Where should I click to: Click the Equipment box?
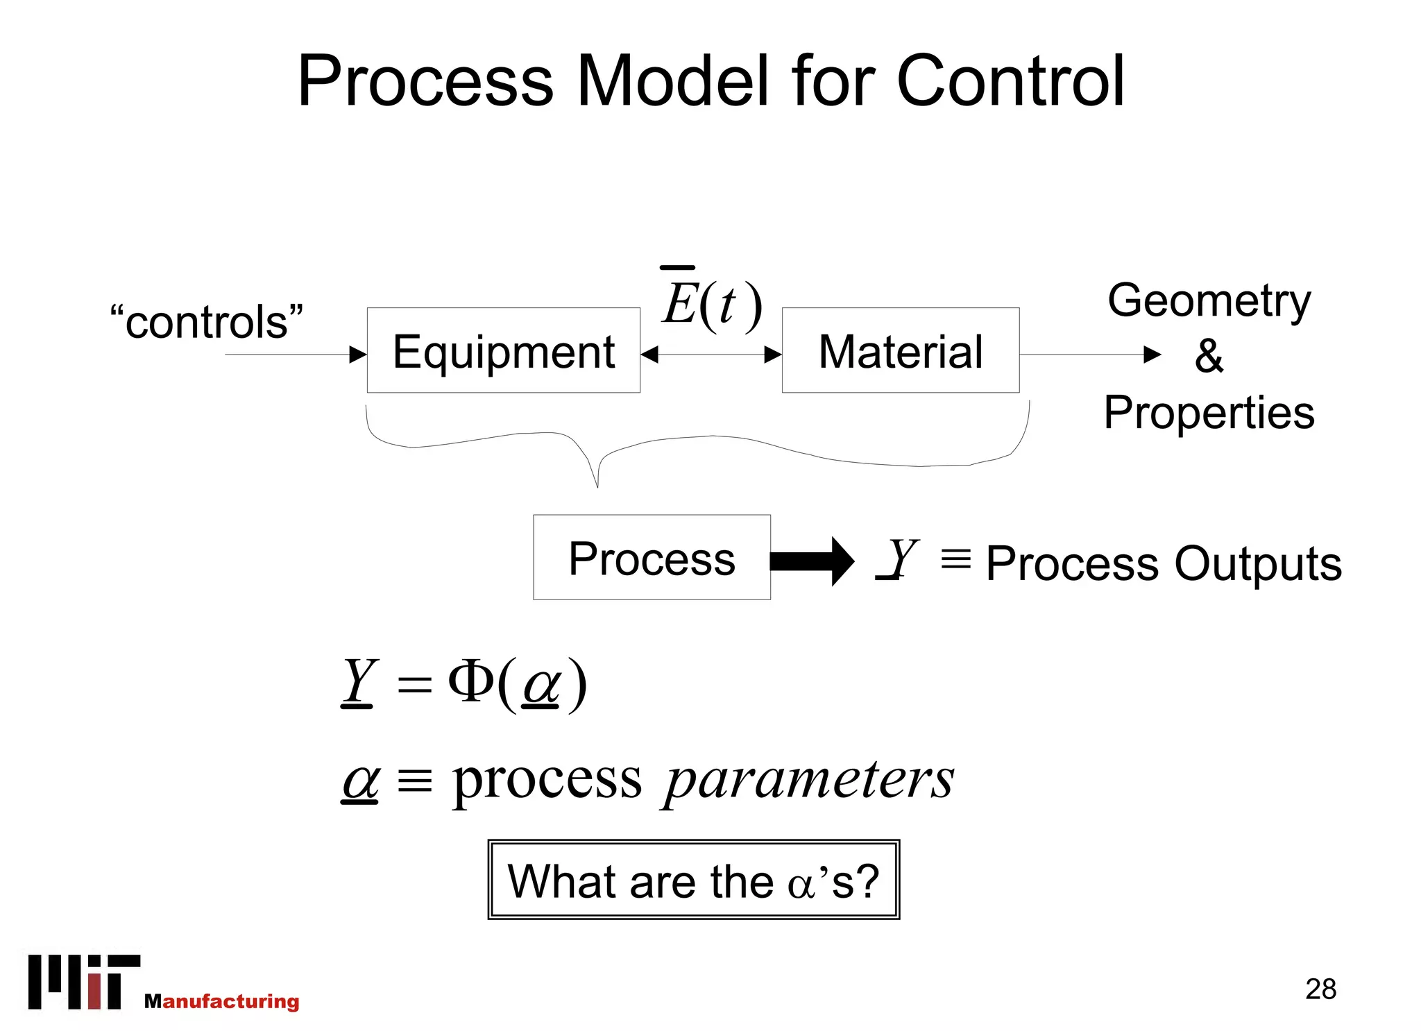(503, 350)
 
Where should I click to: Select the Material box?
(900, 350)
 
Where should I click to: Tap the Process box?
(652, 557)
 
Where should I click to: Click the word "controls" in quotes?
(207, 322)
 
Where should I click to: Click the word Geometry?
(1209, 300)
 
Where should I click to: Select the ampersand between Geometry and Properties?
(1209, 356)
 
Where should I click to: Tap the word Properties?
(1209, 412)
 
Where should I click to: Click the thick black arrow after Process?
(812, 561)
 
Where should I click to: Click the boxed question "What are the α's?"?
(693, 880)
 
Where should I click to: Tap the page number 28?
(1320, 989)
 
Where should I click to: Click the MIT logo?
(84, 981)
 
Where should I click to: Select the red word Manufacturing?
(222, 1001)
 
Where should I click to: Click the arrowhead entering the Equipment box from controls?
(358, 355)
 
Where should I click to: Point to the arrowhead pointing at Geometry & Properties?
(1152, 355)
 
